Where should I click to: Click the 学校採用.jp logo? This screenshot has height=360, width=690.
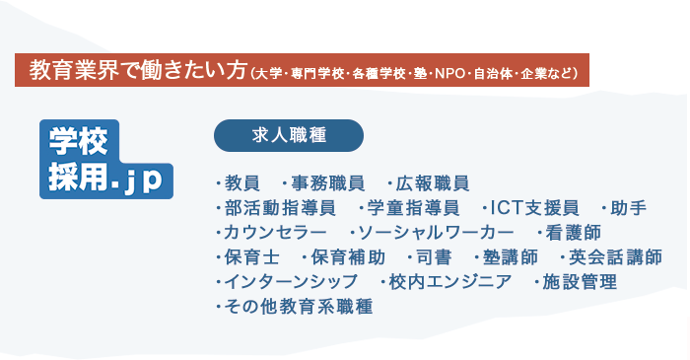point(104,160)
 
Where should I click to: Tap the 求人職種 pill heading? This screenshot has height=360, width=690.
point(289,135)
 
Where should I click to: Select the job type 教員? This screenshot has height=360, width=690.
point(241,183)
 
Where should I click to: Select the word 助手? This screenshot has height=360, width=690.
point(628,208)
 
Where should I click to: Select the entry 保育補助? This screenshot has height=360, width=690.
point(341,257)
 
